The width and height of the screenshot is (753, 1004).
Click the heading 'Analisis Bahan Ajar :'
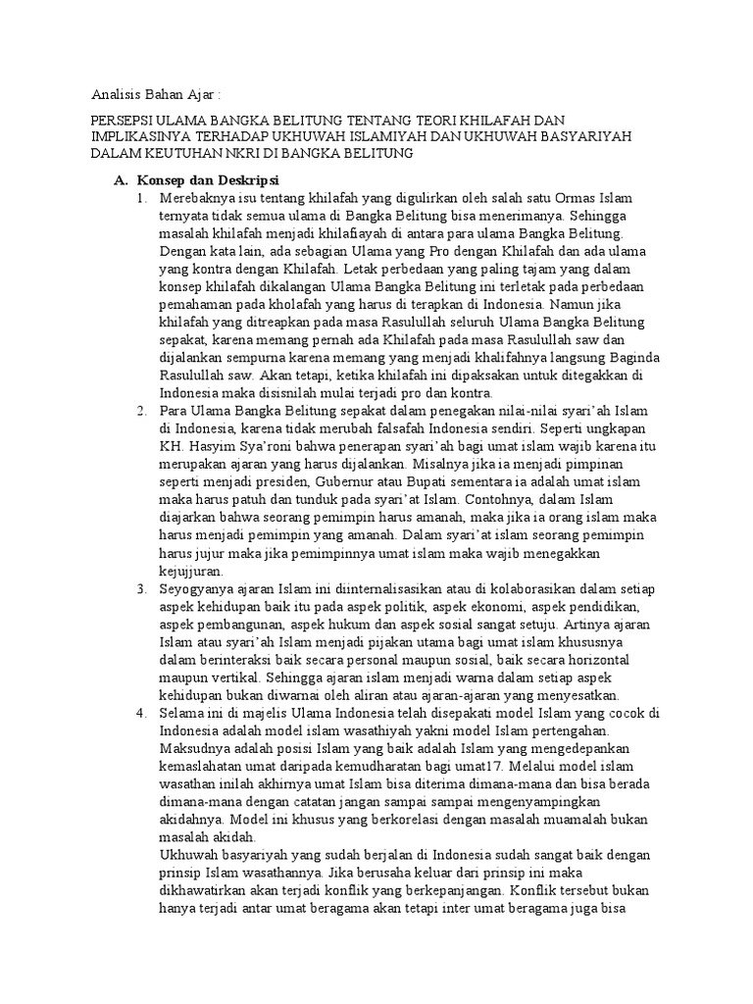click(x=156, y=96)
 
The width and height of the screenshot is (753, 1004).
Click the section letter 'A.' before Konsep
click(x=122, y=182)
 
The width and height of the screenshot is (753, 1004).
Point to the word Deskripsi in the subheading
click(x=246, y=182)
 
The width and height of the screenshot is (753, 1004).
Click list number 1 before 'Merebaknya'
click(x=142, y=199)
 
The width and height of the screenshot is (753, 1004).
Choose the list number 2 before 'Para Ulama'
click(x=142, y=409)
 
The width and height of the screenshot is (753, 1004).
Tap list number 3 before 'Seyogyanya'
click(x=142, y=588)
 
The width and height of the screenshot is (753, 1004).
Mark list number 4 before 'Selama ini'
click(x=142, y=713)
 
